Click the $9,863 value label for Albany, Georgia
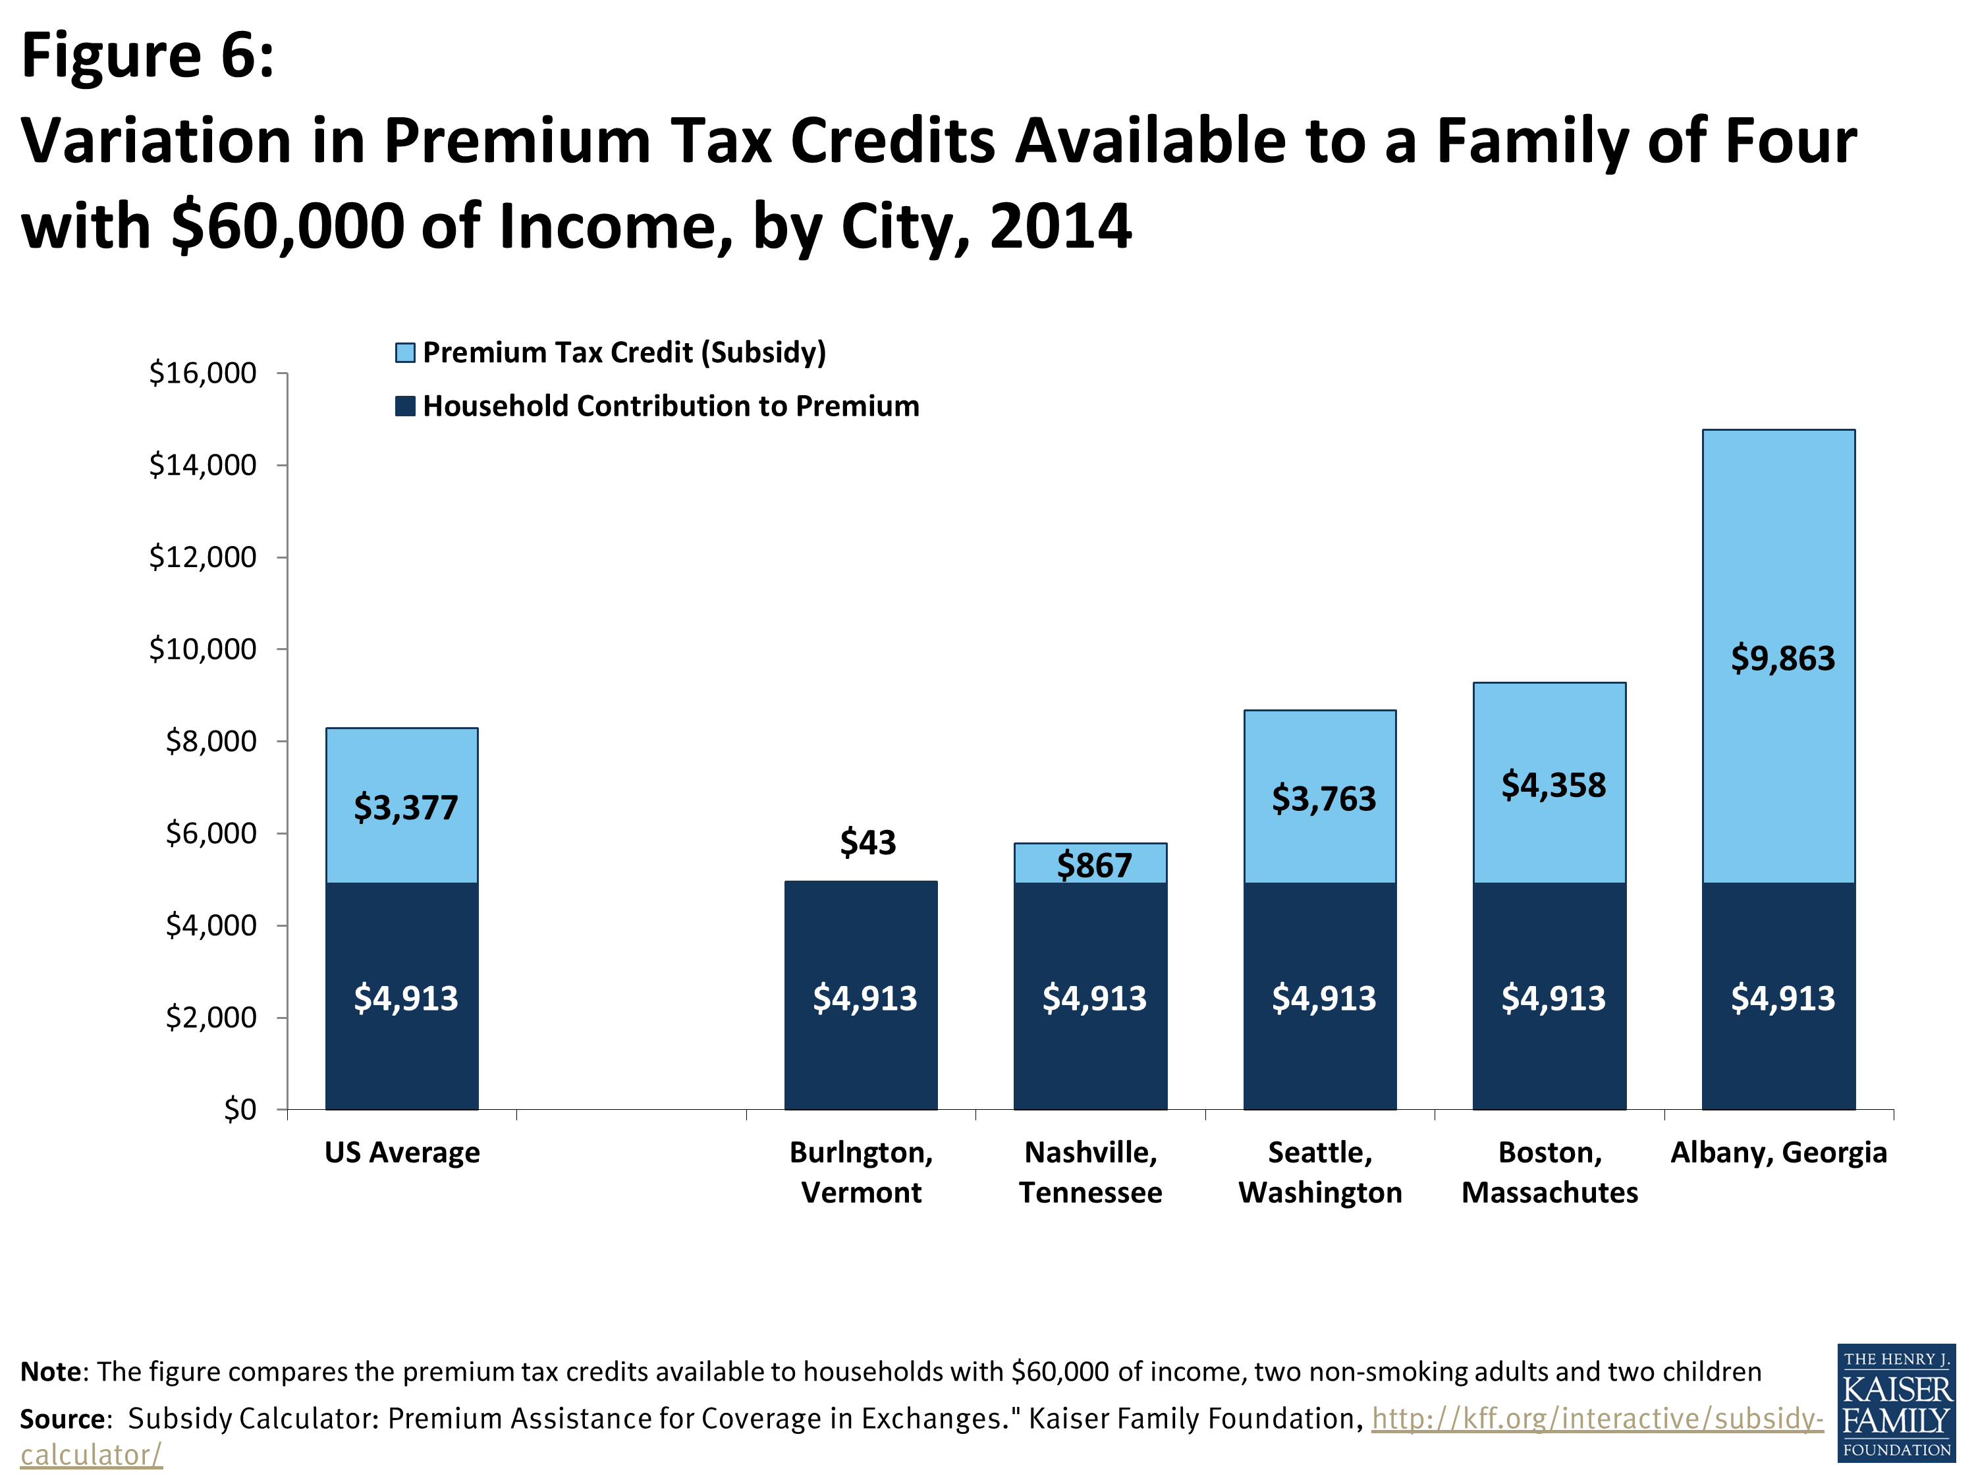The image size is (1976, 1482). click(x=1782, y=659)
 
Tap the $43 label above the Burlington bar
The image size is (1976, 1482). click(x=867, y=842)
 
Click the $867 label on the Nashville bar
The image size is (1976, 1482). click(x=1094, y=865)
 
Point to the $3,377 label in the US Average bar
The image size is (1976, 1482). click(x=406, y=808)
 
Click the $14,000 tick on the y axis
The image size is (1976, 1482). click(x=203, y=464)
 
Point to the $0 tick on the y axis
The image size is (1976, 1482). click(x=239, y=1109)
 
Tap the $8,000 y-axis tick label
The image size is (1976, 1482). click(x=211, y=740)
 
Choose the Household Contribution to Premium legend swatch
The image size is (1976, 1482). click(x=404, y=406)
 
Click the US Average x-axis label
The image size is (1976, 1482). click(x=402, y=1153)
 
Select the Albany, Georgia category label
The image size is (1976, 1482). click(x=1778, y=1153)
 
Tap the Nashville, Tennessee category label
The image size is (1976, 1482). click(x=1091, y=1172)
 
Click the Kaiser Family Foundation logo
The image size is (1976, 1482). click(x=1896, y=1402)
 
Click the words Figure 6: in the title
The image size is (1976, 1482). click(x=148, y=55)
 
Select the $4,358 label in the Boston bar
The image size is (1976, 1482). click(x=1552, y=785)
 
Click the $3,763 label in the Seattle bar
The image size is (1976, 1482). click(x=1323, y=798)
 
